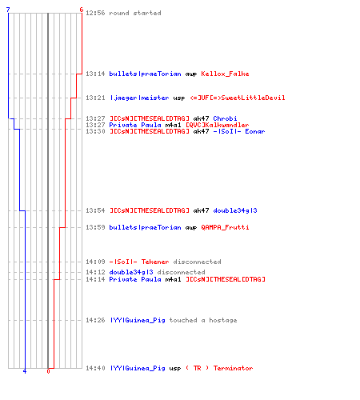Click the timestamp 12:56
[x=95, y=13]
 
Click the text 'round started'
[x=135, y=13]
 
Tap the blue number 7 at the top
[x=8, y=10]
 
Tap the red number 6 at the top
[x=82, y=10]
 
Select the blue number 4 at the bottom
[x=25, y=371]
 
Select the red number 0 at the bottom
[x=48, y=371]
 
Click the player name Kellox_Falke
[x=225, y=74]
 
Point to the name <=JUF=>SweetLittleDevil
[x=238, y=98]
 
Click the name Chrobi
[x=225, y=118]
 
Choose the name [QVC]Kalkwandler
[x=218, y=125]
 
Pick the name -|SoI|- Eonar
[x=239, y=131]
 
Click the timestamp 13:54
[x=95, y=210]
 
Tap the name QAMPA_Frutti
[x=225, y=227]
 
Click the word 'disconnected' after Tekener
[x=197, y=262]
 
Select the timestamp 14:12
[x=95, y=272]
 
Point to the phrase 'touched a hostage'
[x=203, y=320]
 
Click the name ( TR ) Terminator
[x=219, y=368]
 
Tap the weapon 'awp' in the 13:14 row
[x=191, y=74]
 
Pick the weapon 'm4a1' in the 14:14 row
[x=173, y=279]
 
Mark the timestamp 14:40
[x=95, y=368]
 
